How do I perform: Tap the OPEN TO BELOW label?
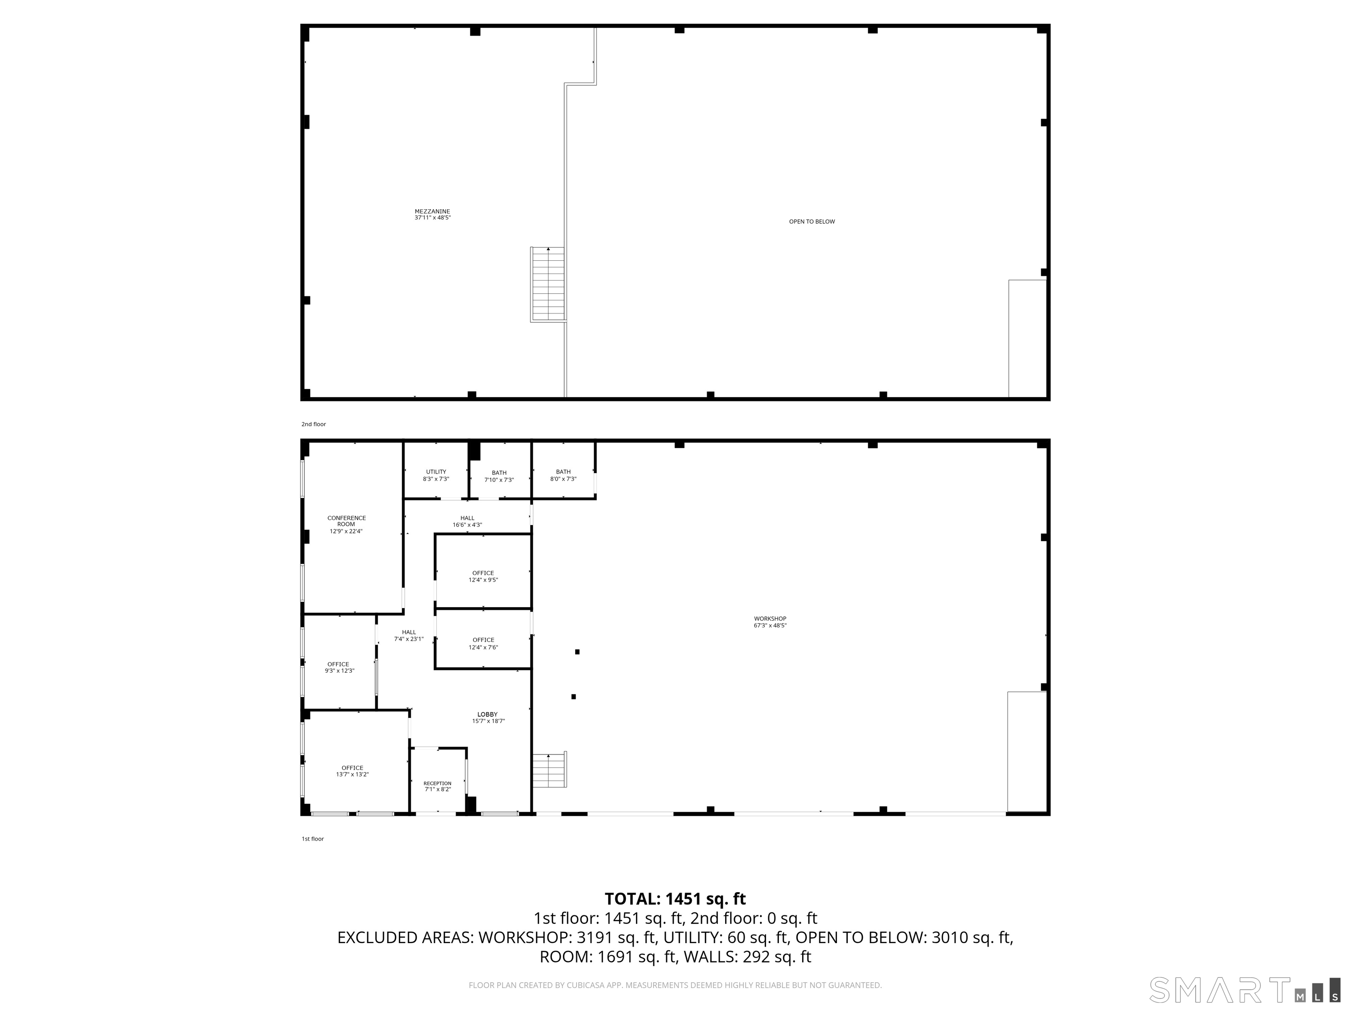(x=812, y=222)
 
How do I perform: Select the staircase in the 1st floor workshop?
(x=549, y=770)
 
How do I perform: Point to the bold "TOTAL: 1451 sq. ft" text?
(x=675, y=899)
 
